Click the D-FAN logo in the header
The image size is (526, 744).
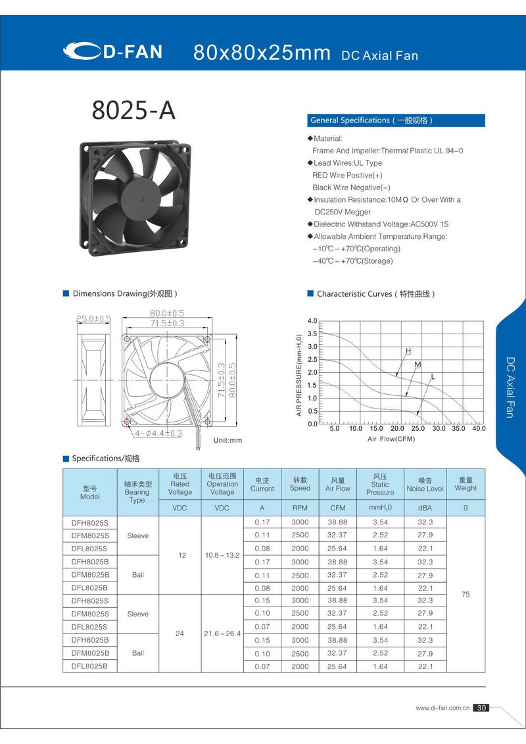[113, 51]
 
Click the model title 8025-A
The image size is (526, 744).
[133, 111]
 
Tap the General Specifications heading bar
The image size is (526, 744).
[396, 120]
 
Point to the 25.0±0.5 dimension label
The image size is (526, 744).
[93, 318]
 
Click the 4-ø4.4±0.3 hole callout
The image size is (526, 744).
[158, 434]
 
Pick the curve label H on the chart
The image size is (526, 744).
[408, 351]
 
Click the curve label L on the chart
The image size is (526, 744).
[432, 376]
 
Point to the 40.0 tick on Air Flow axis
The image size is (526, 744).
[478, 428]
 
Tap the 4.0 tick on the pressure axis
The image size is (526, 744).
[312, 321]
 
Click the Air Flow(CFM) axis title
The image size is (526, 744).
[391, 439]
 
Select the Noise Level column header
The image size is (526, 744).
[425, 488]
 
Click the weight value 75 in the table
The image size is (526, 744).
[466, 594]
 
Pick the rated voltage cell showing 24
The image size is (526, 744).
[179, 633]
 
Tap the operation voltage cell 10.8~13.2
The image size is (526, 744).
[222, 555]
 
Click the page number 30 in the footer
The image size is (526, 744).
[481, 708]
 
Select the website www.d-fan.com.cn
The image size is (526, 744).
[442, 708]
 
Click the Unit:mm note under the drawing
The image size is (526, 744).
[228, 440]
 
